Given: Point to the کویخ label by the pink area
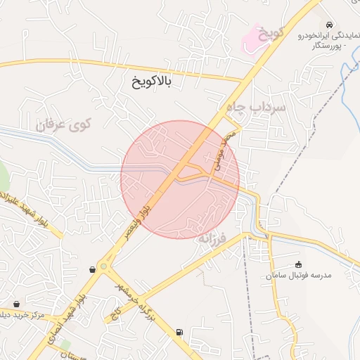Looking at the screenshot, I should [x=272, y=32].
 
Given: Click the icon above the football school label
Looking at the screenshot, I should [x=298, y=264].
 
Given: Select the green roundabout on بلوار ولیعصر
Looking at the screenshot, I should [x=104, y=266].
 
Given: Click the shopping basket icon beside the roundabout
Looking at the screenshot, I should [x=92, y=269].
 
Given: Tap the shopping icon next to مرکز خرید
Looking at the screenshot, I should [x=17, y=304].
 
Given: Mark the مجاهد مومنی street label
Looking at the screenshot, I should [x=224, y=151].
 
